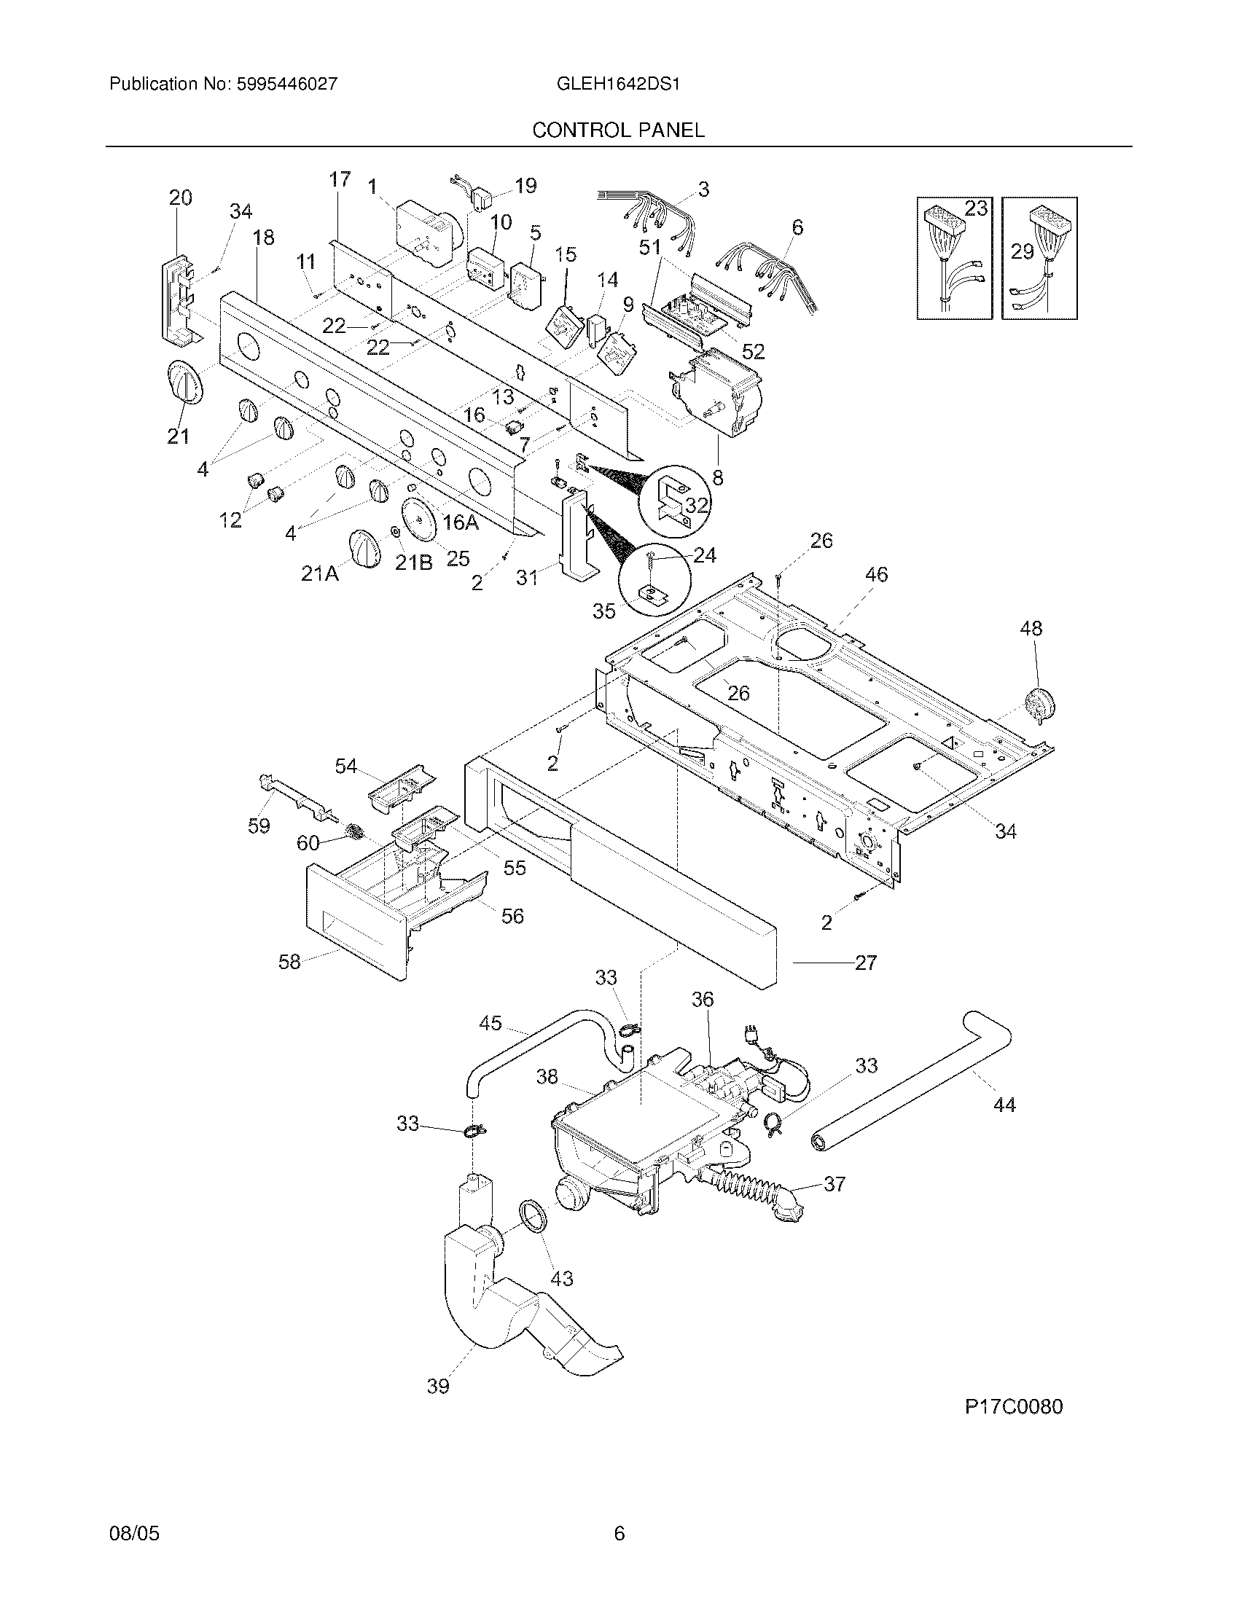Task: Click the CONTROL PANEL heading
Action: tap(618, 130)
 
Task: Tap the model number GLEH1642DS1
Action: tap(618, 85)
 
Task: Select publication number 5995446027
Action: tap(286, 85)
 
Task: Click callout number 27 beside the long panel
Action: tap(866, 963)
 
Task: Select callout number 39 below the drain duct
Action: tap(438, 1387)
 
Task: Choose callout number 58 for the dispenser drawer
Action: tap(289, 962)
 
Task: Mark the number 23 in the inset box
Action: tap(975, 208)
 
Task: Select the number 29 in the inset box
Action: tap(1022, 252)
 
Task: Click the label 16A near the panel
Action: tap(461, 522)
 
